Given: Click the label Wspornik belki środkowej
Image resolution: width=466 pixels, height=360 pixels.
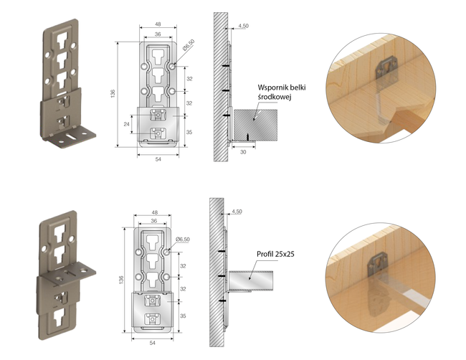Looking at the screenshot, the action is tap(282, 92).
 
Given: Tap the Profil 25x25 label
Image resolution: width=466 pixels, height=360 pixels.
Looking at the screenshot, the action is tap(275, 254).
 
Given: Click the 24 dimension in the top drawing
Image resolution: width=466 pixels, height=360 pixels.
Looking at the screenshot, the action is tap(127, 124).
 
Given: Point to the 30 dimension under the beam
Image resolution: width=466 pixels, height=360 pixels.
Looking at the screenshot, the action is tap(243, 152).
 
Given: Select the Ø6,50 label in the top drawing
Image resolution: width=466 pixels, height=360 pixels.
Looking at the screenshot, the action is tap(189, 45).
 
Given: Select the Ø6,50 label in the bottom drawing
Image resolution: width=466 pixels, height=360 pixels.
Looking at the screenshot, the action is tap(183, 240).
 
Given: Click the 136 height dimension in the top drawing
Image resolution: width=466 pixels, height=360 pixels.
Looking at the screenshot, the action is tap(113, 94).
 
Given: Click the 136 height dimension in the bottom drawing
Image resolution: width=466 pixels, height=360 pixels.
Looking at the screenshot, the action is tap(121, 280).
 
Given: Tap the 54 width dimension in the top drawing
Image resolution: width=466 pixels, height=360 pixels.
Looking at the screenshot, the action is tap(158, 159).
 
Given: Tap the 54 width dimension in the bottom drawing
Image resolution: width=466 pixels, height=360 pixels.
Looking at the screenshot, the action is tap(152, 343).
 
